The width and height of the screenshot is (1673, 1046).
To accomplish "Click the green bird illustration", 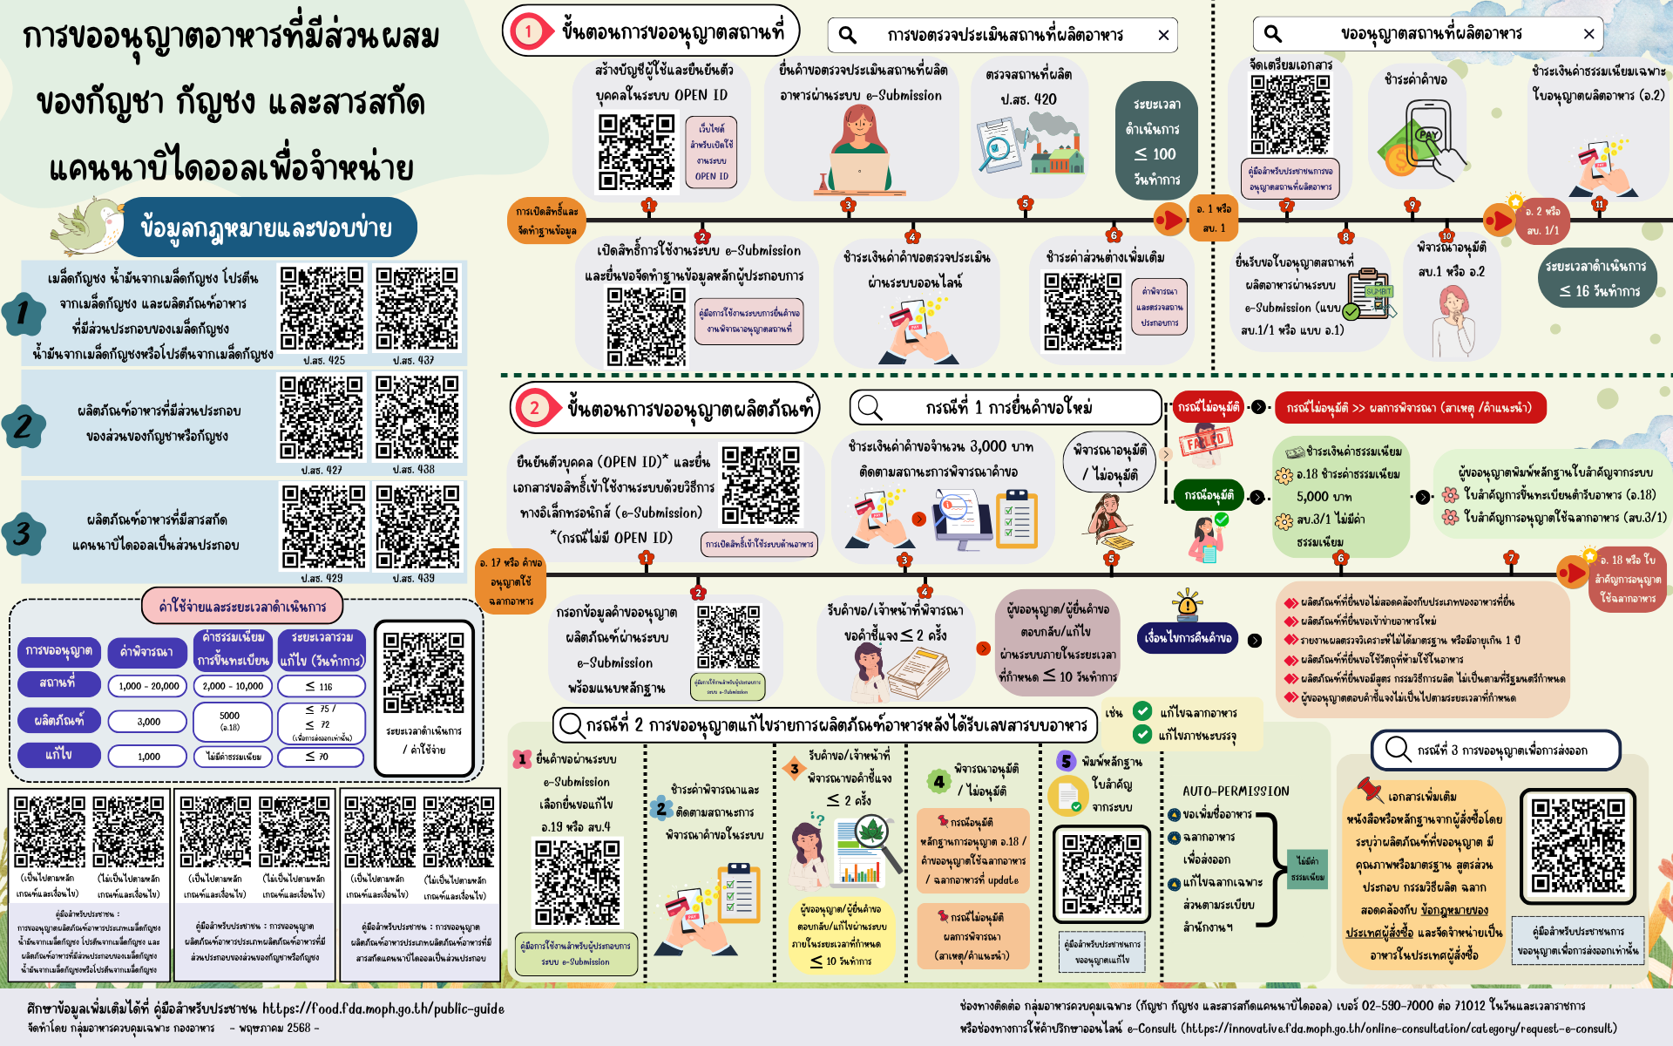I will click(87, 224).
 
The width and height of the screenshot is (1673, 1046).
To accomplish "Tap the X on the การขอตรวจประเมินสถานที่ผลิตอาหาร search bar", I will click(1163, 35).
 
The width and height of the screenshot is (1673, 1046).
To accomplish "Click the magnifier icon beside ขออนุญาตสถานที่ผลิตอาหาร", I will click(1273, 34).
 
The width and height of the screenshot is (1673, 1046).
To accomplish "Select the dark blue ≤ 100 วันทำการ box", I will click(1156, 141).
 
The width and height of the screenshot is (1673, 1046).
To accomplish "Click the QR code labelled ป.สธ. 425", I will click(322, 309).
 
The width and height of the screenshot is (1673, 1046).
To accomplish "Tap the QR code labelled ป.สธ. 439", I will click(417, 526).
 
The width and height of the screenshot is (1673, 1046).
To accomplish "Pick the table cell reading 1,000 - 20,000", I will click(148, 686).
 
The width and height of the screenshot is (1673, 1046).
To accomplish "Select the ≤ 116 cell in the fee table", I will click(320, 686).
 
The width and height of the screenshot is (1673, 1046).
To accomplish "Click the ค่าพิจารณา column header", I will click(146, 651).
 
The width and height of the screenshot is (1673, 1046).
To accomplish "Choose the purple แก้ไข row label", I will click(58, 755).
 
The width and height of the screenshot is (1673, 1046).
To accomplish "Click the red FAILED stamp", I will click(1206, 441).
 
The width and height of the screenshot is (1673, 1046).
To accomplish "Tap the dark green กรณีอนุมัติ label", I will click(1209, 496).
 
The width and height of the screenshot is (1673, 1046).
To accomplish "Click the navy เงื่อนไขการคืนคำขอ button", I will click(1188, 638).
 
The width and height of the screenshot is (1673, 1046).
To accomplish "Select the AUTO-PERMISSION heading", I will click(1236, 791).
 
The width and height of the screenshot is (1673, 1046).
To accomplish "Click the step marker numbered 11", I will click(1598, 205).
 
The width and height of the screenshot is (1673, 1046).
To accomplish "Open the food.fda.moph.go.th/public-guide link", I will click(383, 1009).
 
